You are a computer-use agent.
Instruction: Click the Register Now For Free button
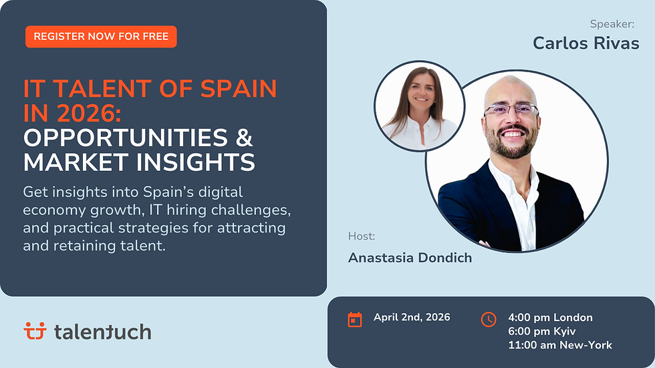point(101,37)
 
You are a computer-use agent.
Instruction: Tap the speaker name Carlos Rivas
point(585,43)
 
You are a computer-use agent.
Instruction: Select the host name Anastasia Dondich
point(410,258)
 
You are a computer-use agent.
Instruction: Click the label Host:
point(362,236)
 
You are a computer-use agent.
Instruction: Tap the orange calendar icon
point(355,319)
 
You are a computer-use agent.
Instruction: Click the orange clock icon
point(489,319)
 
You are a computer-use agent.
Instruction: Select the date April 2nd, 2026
point(412,317)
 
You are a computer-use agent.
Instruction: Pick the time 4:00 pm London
point(550,317)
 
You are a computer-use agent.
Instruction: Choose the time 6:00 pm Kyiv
point(542,331)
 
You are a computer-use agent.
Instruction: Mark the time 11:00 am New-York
point(560,345)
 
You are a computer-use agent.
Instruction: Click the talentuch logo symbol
point(34,331)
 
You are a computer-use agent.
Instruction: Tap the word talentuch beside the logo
point(102,331)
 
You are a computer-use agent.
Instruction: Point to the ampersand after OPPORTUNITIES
point(245,138)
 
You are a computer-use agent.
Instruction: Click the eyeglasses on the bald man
point(511,110)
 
